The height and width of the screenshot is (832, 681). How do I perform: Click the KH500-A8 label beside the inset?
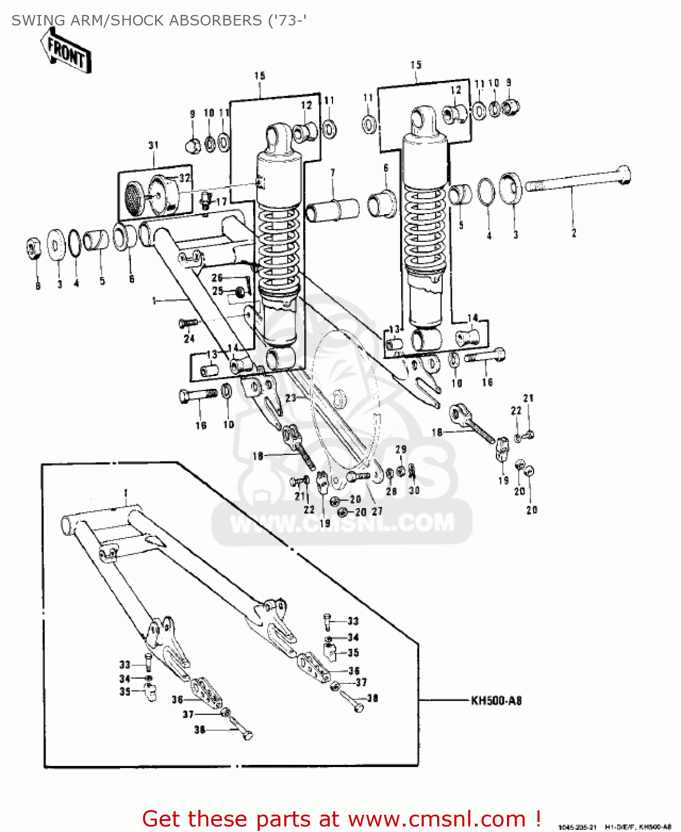coord(496,701)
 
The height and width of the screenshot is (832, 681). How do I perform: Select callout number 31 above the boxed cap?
coord(153,145)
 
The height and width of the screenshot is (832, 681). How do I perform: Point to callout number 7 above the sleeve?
coord(332,173)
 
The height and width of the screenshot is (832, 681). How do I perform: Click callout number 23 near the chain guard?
coord(291,398)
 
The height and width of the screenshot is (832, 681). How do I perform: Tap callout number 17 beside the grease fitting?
coord(221,202)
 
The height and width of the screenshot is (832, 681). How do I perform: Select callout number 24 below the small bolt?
coord(190,338)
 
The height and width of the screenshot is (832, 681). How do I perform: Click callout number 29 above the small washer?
coord(401,449)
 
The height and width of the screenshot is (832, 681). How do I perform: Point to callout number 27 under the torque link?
coord(377,511)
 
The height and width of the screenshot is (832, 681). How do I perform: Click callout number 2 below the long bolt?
coord(574,234)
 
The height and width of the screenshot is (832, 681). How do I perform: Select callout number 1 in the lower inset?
coord(126,493)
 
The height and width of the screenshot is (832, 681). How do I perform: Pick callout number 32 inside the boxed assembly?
coord(185,178)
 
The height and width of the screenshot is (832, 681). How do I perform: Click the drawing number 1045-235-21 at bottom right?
coord(577,827)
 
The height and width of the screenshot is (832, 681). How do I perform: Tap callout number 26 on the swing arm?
coord(217,278)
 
